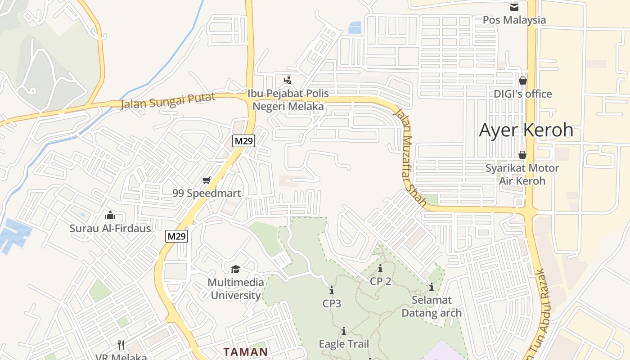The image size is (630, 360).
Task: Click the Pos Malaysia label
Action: click(514, 20)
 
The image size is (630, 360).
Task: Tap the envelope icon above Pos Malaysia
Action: click(514, 7)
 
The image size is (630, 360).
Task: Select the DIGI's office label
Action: click(522, 94)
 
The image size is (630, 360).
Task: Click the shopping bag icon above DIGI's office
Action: click(522, 81)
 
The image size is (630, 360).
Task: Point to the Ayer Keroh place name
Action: click(526, 130)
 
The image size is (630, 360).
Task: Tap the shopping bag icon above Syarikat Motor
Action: click(522, 155)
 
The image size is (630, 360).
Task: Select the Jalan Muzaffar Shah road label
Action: click(409, 157)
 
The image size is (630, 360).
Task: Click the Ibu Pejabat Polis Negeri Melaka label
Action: click(288, 100)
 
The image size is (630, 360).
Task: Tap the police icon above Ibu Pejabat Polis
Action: click(288, 81)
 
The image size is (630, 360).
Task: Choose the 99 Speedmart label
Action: click(207, 193)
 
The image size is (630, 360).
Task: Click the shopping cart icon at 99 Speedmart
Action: click(207, 180)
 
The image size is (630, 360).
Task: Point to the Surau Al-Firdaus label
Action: click(110, 228)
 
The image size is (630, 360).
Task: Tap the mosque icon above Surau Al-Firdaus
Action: click(110, 216)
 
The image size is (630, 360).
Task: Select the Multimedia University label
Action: click(235, 289)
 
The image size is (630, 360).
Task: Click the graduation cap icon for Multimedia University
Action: click(235, 270)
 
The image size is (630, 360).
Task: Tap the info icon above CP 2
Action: click(380, 269)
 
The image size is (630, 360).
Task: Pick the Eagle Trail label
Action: click(343, 344)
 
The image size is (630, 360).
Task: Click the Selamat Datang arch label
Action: click(431, 306)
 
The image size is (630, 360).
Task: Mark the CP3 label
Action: click(332, 304)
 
